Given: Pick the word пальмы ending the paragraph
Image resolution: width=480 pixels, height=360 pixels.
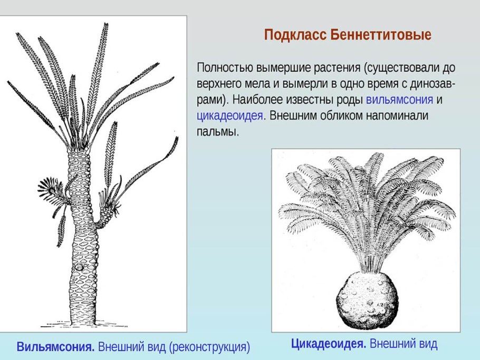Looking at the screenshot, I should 217,131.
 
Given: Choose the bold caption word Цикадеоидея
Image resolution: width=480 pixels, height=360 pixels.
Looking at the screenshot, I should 329,344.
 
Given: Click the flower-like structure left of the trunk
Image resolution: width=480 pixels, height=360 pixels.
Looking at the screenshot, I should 52,189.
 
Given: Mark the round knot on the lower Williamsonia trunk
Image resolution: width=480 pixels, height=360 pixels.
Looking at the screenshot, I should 80,268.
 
